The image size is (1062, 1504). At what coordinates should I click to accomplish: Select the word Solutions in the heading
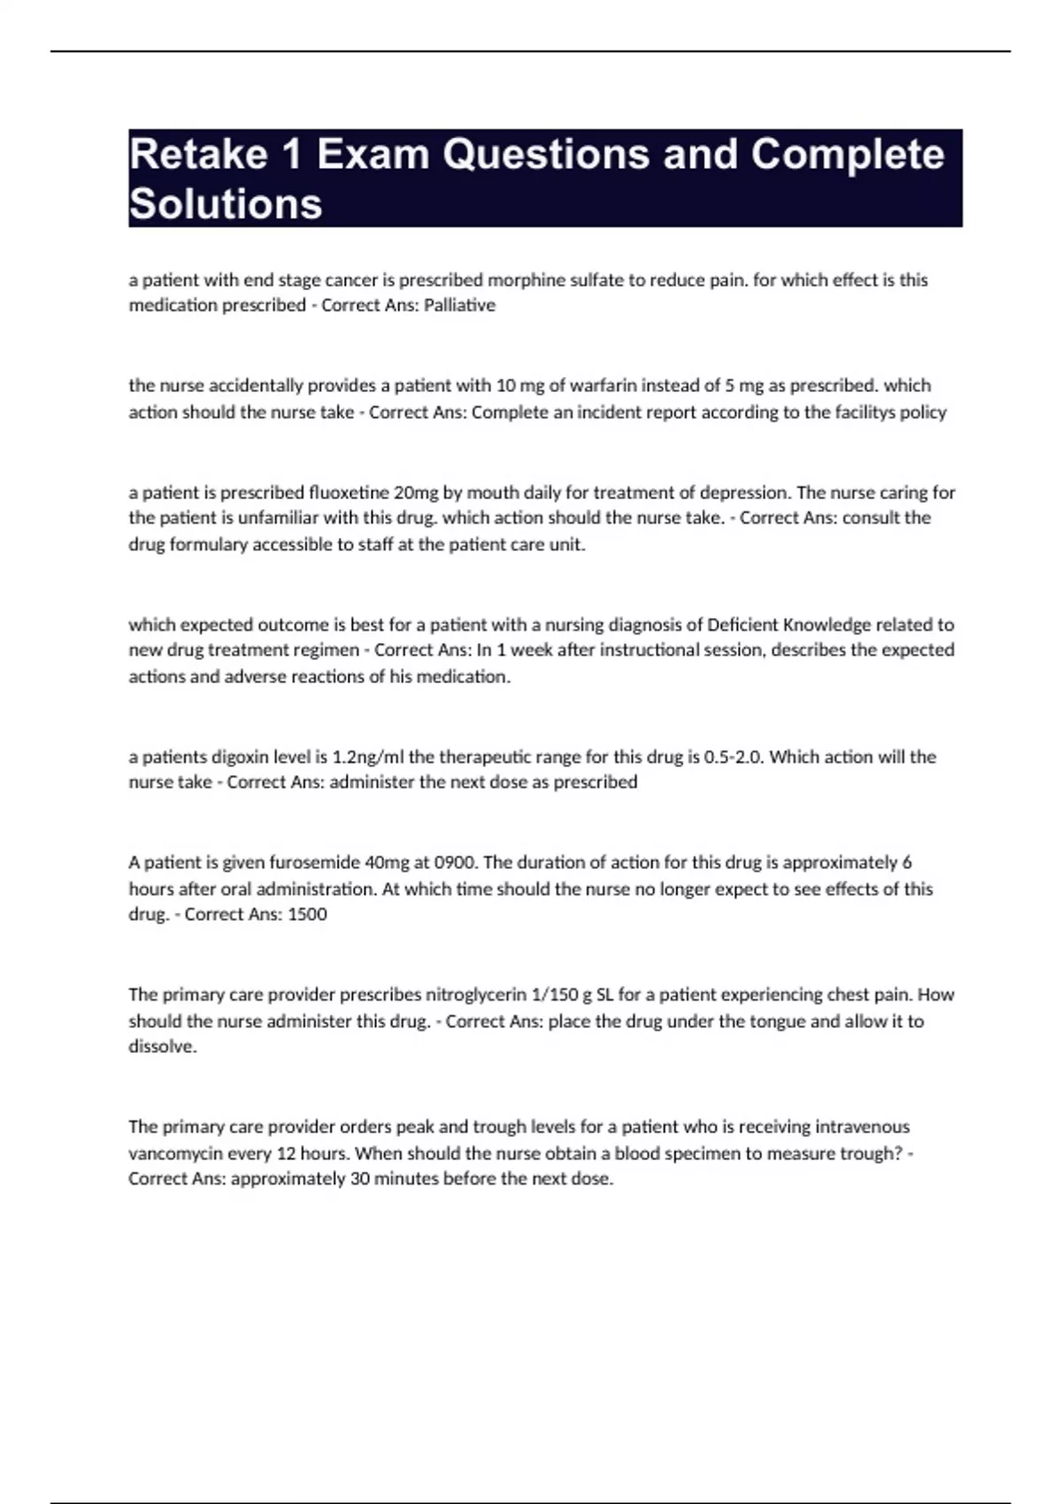pos(226,204)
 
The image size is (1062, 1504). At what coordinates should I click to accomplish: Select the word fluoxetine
pos(349,492)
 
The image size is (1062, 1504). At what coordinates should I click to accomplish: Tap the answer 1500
pos(307,914)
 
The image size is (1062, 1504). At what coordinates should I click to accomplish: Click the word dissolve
pos(162,1047)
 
